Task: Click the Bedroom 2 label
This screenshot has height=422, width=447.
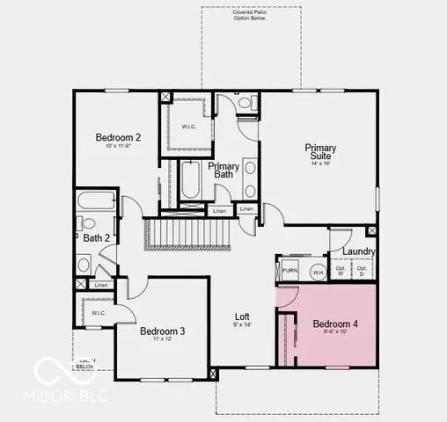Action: [118, 137]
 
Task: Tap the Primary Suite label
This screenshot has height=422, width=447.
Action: [320, 151]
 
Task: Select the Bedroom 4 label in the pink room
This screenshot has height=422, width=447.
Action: [335, 324]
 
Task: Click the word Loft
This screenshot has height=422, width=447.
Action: [242, 316]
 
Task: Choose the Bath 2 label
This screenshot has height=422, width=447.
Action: [96, 237]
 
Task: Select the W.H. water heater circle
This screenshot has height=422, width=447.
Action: [318, 272]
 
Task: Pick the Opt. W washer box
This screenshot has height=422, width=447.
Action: [341, 271]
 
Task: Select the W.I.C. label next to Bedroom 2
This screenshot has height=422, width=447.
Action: [189, 126]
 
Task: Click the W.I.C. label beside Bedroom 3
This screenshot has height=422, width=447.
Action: [98, 313]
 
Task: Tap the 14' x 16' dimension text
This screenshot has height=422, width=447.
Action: [320, 163]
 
